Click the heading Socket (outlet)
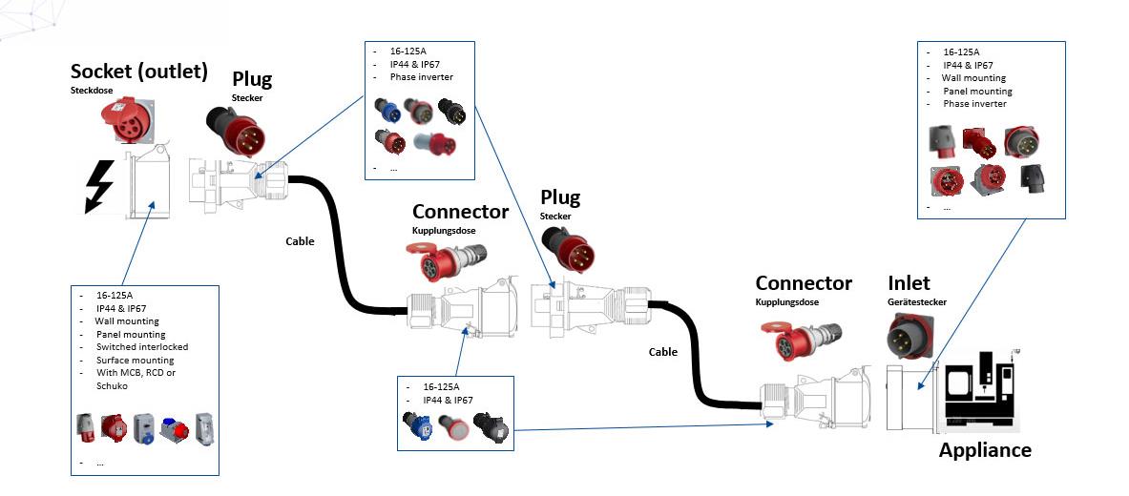pyautogui.click(x=138, y=72)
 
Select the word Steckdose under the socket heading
pyautogui.click(x=91, y=92)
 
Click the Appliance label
pyautogui.click(x=985, y=450)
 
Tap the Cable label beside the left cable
pyautogui.click(x=300, y=241)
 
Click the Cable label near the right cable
pyautogui.click(x=662, y=352)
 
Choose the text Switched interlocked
pyautogui.click(x=141, y=347)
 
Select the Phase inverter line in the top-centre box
pyautogui.click(x=421, y=77)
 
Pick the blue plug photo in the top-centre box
pyautogui.click(x=387, y=111)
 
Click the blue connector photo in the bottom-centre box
pyautogui.click(x=418, y=428)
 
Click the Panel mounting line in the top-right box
pyautogui.click(x=977, y=92)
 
